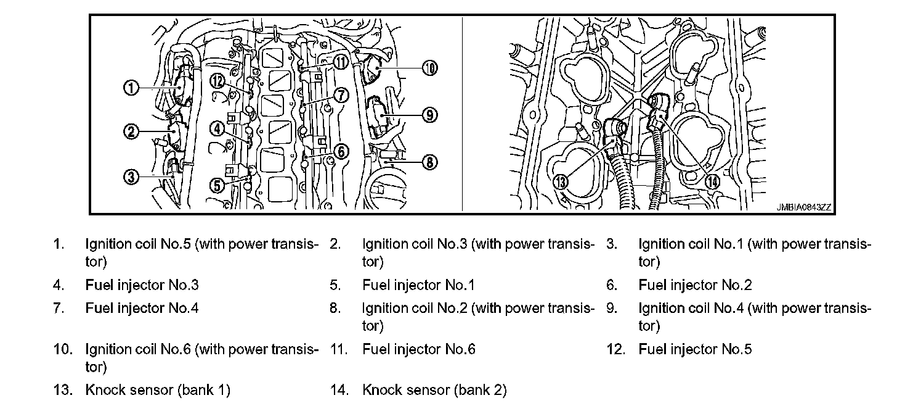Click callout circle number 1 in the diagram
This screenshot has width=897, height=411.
click(131, 88)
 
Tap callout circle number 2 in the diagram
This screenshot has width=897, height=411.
click(131, 131)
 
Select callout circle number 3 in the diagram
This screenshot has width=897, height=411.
click(131, 177)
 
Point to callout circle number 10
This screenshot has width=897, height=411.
click(430, 68)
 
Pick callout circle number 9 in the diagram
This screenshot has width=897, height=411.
click(430, 114)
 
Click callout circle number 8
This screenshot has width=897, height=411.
click(430, 162)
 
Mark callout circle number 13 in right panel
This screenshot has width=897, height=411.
click(561, 181)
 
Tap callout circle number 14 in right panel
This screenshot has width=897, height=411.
click(712, 181)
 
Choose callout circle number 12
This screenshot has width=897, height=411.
click(216, 80)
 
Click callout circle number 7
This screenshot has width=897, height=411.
click(342, 94)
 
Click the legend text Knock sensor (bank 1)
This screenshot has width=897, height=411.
click(158, 390)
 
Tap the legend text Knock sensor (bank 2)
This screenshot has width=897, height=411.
click(434, 390)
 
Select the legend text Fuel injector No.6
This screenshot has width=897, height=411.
click(419, 349)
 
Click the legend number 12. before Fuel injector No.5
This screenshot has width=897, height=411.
click(615, 349)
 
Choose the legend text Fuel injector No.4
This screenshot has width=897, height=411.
click(142, 307)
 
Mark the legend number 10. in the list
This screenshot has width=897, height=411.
click(63, 349)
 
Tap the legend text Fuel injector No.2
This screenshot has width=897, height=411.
click(695, 285)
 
